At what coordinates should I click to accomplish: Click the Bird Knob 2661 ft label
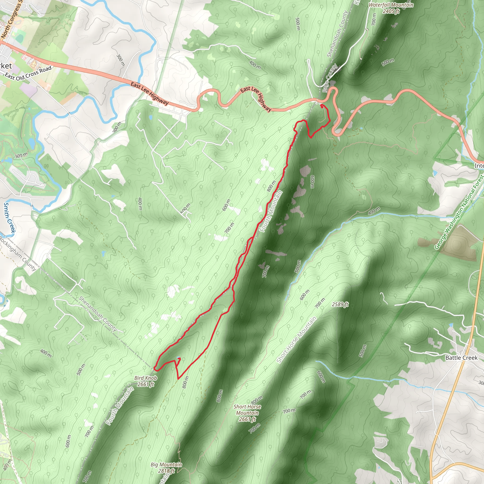[146, 381]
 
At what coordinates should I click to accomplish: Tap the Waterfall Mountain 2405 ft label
[391, 8]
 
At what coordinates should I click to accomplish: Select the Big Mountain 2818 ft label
[166, 468]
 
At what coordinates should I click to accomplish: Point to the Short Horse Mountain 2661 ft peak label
[247, 413]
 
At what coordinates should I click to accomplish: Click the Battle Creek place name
[461, 358]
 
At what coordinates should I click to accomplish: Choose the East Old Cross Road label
[28, 73]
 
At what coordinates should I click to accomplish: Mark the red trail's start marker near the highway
[322, 106]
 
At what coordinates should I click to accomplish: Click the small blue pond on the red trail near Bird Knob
[178, 358]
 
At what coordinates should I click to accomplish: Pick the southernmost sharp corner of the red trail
[178, 379]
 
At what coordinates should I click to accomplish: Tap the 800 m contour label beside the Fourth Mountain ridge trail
[271, 186]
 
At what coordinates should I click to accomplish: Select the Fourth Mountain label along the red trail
[271, 211]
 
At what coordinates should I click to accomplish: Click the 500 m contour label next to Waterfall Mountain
[388, 62]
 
